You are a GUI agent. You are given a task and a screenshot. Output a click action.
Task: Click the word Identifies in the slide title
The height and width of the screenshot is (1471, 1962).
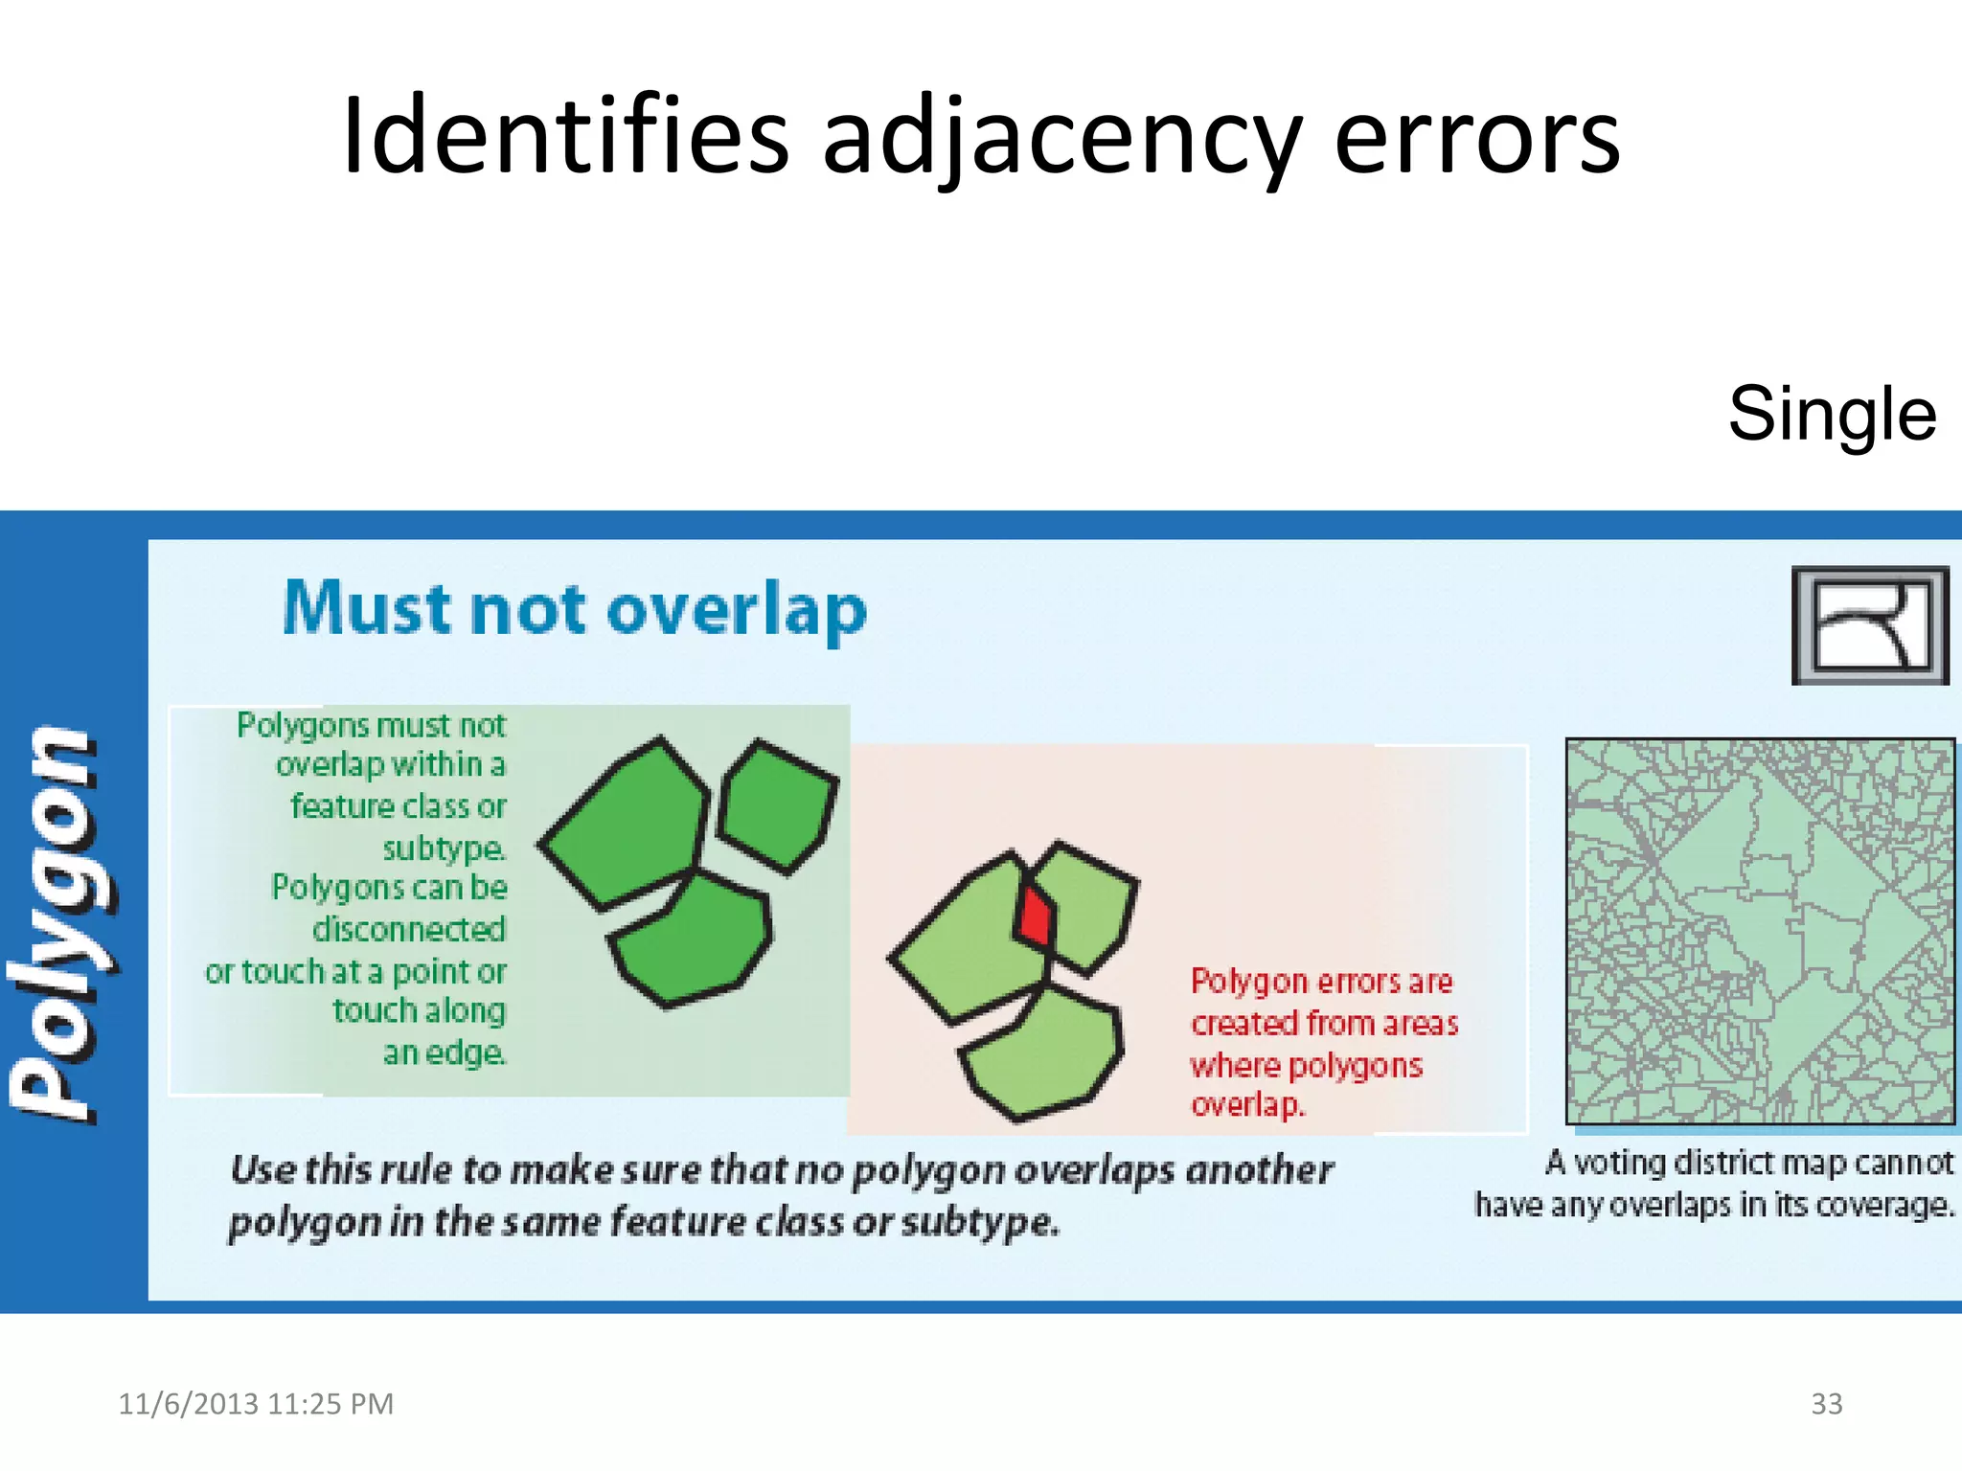pyautogui.click(x=565, y=136)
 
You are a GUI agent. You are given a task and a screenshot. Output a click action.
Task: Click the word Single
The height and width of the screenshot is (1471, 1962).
pyautogui.click(x=1832, y=414)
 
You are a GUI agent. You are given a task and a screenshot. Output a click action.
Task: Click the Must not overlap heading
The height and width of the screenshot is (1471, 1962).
pyautogui.click(x=575, y=610)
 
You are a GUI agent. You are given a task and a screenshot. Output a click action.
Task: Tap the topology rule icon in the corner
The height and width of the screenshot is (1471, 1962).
pyautogui.click(x=1870, y=625)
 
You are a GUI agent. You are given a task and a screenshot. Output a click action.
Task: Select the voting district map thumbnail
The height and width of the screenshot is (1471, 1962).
pyautogui.click(x=1760, y=931)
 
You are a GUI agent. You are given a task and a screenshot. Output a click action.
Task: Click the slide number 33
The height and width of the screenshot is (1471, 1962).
pyautogui.click(x=1826, y=1404)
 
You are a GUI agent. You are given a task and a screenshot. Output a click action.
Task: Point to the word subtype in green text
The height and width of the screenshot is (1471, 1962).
pyautogui.click(x=443, y=849)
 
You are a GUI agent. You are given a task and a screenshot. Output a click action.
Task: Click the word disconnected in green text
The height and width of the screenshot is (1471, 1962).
pyautogui.click(x=409, y=929)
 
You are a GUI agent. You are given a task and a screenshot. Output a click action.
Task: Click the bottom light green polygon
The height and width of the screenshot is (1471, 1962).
pyautogui.click(x=1044, y=1053)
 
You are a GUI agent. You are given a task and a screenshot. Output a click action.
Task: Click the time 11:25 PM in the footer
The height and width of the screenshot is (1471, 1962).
pyautogui.click(x=331, y=1404)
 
